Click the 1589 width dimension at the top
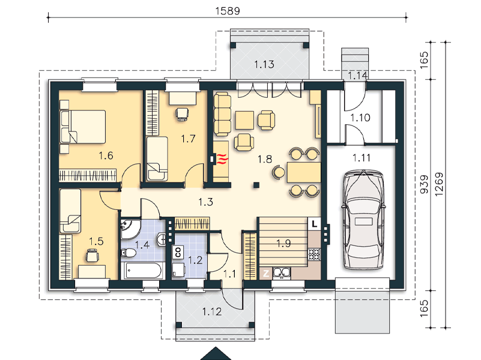point(228,11)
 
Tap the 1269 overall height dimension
point(439,184)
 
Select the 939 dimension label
point(424,184)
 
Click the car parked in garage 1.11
point(363,220)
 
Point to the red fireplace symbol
point(223,159)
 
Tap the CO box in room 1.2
point(178,252)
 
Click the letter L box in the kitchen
point(315,224)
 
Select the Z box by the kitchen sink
point(265,273)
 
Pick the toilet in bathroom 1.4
point(129,253)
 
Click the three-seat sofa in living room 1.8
point(222,113)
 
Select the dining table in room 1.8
point(304,172)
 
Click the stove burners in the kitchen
point(315,254)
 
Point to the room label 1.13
point(264,64)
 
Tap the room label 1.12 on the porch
point(211,312)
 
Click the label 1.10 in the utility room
point(360,118)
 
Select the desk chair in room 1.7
point(182,114)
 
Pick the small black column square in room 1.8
point(256,185)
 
